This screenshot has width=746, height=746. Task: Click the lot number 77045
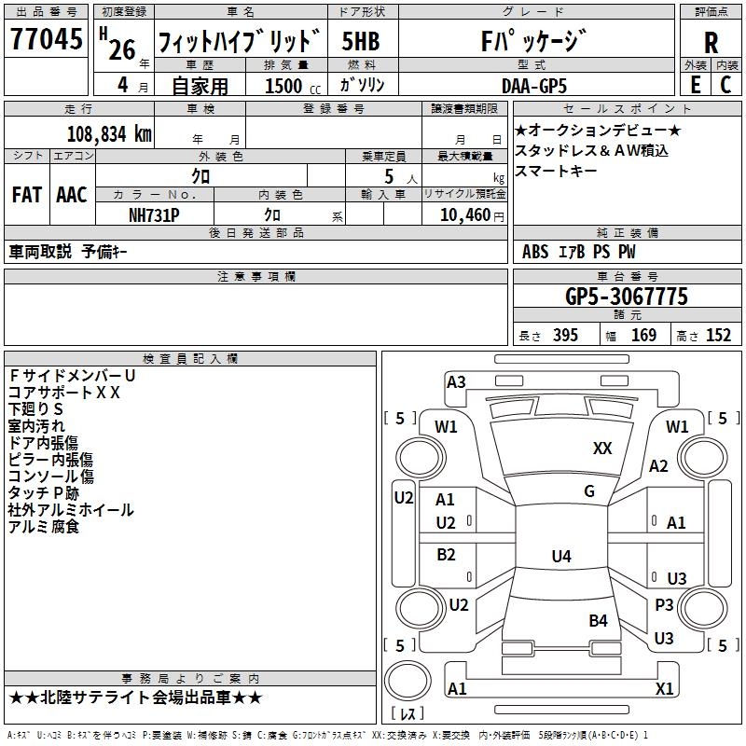click(46, 39)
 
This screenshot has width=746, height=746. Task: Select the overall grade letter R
click(711, 43)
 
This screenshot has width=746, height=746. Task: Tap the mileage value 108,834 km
click(109, 134)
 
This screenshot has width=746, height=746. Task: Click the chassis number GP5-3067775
click(627, 297)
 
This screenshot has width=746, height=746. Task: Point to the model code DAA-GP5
click(534, 86)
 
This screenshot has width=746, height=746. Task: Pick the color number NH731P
click(154, 215)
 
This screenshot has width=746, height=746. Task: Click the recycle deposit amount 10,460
click(465, 215)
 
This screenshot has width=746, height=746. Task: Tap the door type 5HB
click(361, 41)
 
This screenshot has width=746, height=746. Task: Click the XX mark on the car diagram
click(602, 449)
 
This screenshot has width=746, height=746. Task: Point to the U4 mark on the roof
click(561, 556)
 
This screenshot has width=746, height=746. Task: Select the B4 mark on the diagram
click(598, 620)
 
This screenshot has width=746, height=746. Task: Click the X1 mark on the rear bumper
click(664, 688)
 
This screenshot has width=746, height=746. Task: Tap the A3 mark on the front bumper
click(456, 382)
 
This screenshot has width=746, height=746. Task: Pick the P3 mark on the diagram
click(664, 605)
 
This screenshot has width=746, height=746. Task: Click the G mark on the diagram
click(589, 491)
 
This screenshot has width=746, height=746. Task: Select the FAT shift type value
click(27, 195)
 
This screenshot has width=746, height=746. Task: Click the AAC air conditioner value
click(72, 195)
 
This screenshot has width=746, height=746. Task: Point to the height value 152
click(718, 335)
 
